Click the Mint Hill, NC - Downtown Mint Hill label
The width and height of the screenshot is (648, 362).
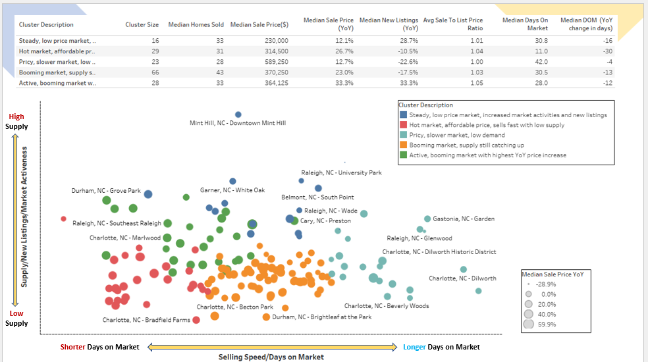[x=238, y=123]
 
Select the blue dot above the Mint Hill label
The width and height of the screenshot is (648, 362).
[x=238, y=115]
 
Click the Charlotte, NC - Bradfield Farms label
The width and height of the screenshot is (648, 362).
[x=146, y=321]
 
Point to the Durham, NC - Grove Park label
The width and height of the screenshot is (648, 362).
[x=106, y=191]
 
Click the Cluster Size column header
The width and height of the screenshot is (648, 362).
[x=142, y=25]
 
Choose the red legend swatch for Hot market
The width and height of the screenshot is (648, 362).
[x=403, y=125]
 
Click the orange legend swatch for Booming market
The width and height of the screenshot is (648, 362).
[x=403, y=145]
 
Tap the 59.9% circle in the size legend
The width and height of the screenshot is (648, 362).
[x=528, y=324]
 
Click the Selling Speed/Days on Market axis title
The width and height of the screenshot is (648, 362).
[x=271, y=357]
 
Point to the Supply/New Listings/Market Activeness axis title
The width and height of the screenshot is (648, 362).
[x=24, y=217]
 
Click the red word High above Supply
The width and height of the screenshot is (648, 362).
[x=16, y=117]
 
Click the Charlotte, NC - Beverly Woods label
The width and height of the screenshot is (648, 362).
[x=387, y=306]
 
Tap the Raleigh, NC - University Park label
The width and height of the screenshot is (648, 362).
[x=341, y=173]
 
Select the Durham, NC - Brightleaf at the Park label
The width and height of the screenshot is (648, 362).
[x=322, y=317]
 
